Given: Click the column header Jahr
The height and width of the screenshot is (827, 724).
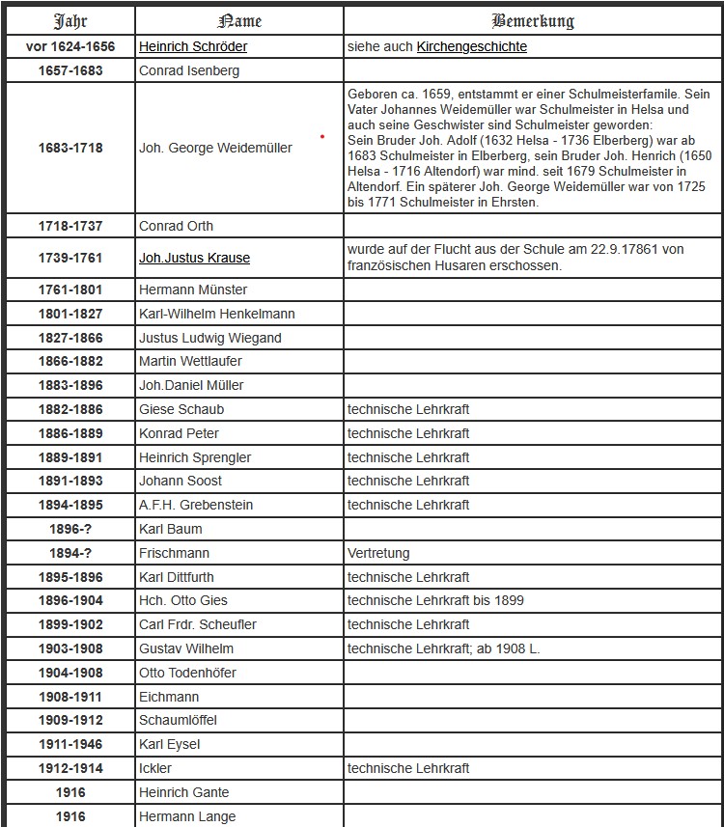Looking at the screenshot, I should pyautogui.click(x=70, y=21).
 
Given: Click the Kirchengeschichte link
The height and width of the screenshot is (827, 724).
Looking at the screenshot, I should pyautogui.click(x=472, y=46).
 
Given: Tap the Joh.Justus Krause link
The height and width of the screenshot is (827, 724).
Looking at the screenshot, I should pyautogui.click(x=194, y=258).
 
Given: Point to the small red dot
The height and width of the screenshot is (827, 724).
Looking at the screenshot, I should pyautogui.click(x=321, y=137).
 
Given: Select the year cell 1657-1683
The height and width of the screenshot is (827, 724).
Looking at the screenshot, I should pyautogui.click(x=70, y=70).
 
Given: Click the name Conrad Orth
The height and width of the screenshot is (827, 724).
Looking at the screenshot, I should pyautogui.click(x=177, y=226).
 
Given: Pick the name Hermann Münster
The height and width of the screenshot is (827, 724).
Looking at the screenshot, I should pyautogui.click(x=193, y=289).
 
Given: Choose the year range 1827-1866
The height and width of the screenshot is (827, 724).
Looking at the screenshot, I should pyautogui.click(x=70, y=338).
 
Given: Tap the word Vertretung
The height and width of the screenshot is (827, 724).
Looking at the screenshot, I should pyautogui.click(x=378, y=553).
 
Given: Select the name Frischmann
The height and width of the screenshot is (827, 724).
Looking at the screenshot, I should pyautogui.click(x=174, y=553).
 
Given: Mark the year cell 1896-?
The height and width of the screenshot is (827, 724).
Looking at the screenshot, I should pyautogui.click(x=70, y=529).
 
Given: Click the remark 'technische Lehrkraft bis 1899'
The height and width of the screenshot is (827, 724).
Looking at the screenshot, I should pyautogui.click(x=435, y=600).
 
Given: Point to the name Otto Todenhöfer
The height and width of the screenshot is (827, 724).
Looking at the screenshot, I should pyautogui.click(x=187, y=673).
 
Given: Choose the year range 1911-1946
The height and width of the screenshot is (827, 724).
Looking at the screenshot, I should pyautogui.click(x=70, y=745).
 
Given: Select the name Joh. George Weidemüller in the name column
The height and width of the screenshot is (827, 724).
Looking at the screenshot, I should pyautogui.click(x=215, y=149).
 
